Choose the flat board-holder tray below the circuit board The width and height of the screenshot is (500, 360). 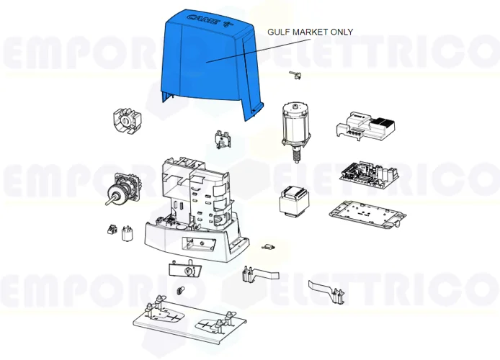click(x=362, y=214)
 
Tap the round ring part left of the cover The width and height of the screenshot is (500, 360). click(x=125, y=125)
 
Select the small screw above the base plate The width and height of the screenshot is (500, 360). click(x=179, y=291)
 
